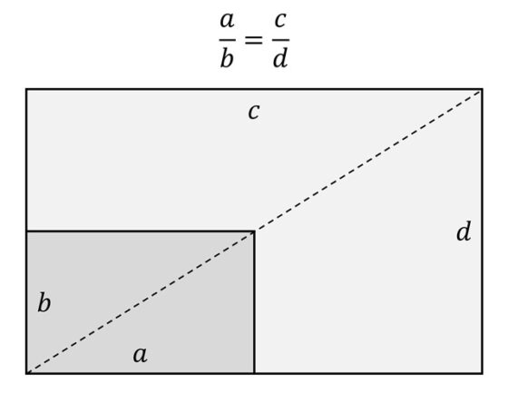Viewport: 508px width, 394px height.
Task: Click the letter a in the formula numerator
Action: click(x=227, y=21)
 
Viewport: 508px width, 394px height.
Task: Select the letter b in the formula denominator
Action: click(x=227, y=58)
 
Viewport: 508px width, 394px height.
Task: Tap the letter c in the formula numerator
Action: click(x=280, y=21)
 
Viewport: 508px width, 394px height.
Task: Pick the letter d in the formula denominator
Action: click(x=280, y=58)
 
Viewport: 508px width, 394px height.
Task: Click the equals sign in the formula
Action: click(x=253, y=40)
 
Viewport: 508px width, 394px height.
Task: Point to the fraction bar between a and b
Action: click(x=227, y=40)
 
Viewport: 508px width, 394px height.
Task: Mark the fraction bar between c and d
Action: click(x=280, y=40)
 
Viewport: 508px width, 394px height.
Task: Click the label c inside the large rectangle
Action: click(x=254, y=112)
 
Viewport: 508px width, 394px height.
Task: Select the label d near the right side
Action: click(x=464, y=231)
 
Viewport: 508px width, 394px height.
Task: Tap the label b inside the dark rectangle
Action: click(x=44, y=302)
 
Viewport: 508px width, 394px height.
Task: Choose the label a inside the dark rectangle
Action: click(x=141, y=354)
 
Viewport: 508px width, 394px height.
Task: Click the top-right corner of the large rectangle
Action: click(x=483, y=89)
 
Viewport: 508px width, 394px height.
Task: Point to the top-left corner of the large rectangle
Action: click(x=26, y=89)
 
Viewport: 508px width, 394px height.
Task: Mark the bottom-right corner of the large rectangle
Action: click(x=483, y=373)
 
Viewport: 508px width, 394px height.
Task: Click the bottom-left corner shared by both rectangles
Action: click(x=26, y=373)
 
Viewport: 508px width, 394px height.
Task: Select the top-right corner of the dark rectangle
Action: click(x=254, y=231)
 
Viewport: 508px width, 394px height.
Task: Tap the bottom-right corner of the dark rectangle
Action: click(x=254, y=373)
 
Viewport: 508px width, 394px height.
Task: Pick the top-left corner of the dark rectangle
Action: click(x=26, y=231)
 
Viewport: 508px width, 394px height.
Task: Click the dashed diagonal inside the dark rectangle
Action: click(x=141, y=302)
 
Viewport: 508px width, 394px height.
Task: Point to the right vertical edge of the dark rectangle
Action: click(x=254, y=302)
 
